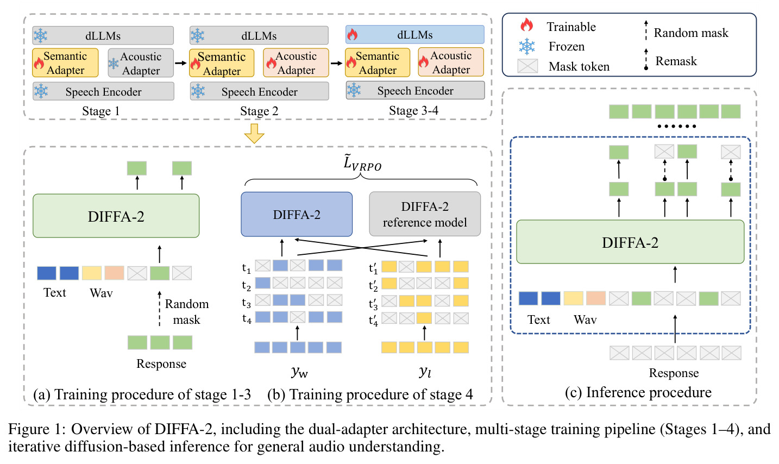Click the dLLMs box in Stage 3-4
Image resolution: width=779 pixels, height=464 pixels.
tap(414, 34)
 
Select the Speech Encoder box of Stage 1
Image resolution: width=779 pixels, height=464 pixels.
tap(103, 91)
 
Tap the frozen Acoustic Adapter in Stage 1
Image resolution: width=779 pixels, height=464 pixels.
tap(141, 63)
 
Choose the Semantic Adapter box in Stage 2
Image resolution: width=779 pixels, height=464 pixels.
tap(222, 63)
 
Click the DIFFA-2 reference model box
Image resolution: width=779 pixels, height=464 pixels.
tap(425, 214)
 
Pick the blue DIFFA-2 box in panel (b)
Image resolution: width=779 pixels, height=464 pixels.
tap(297, 214)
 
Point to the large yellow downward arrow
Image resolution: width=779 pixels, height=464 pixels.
tap(254, 133)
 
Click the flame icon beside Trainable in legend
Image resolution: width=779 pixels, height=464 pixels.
tap(526, 25)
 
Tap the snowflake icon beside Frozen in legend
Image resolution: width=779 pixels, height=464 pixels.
tap(527, 46)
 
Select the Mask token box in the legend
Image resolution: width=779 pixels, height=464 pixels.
tap(527, 66)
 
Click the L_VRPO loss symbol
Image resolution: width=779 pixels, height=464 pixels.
tap(362, 163)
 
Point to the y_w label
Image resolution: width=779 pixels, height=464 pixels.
tap(299, 372)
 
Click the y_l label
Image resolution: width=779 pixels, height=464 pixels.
tap(425, 372)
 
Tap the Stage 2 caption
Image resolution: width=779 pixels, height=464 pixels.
tap(259, 111)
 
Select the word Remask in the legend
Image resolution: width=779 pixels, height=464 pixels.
tap(676, 61)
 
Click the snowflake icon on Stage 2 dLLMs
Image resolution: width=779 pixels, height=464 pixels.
tap(197, 35)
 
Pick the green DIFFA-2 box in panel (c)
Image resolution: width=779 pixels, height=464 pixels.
tap(630, 242)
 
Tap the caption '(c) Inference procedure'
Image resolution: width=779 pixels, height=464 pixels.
tap(638, 392)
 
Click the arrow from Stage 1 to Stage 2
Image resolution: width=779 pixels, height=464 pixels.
tap(181, 63)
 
